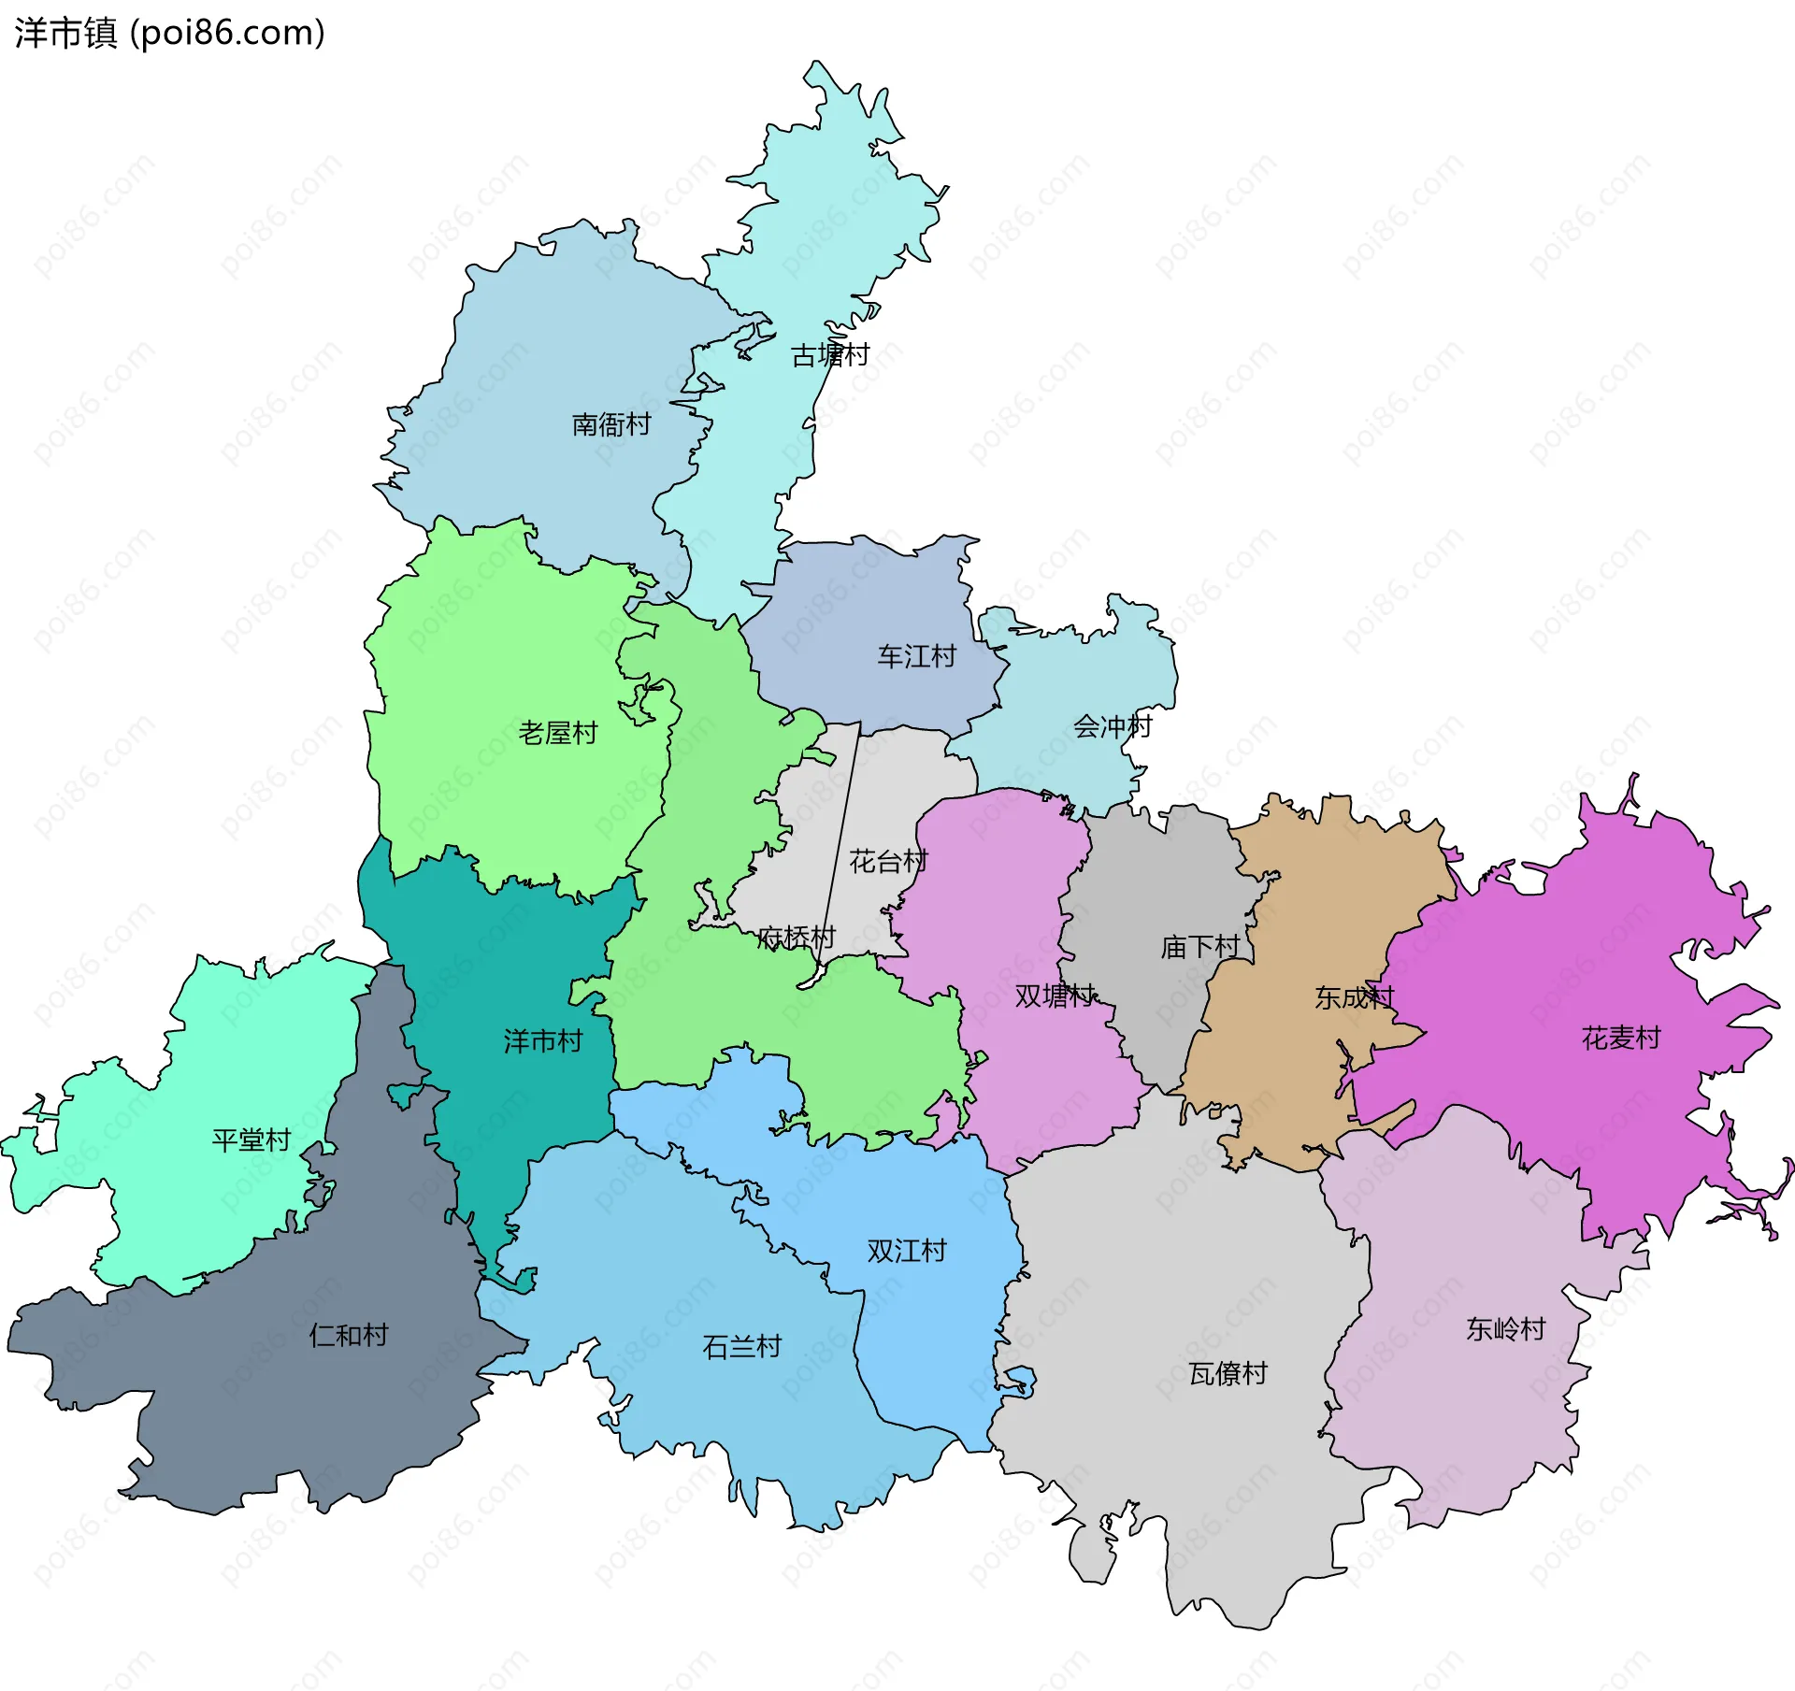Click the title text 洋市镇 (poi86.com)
(169, 33)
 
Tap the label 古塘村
(829, 355)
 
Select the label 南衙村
(610, 425)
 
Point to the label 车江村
(916, 657)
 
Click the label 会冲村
(1112, 726)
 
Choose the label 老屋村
(557, 733)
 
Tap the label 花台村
(887, 861)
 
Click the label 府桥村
(796, 937)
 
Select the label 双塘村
(1055, 996)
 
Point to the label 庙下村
(1199, 947)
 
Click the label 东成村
(1354, 997)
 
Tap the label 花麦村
(1620, 1038)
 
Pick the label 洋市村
(542, 1040)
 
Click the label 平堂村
(251, 1139)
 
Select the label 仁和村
(348, 1335)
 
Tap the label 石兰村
(741, 1347)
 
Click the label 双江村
(906, 1251)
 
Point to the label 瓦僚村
(1228, 1373)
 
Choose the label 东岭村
(1505, 1328)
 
